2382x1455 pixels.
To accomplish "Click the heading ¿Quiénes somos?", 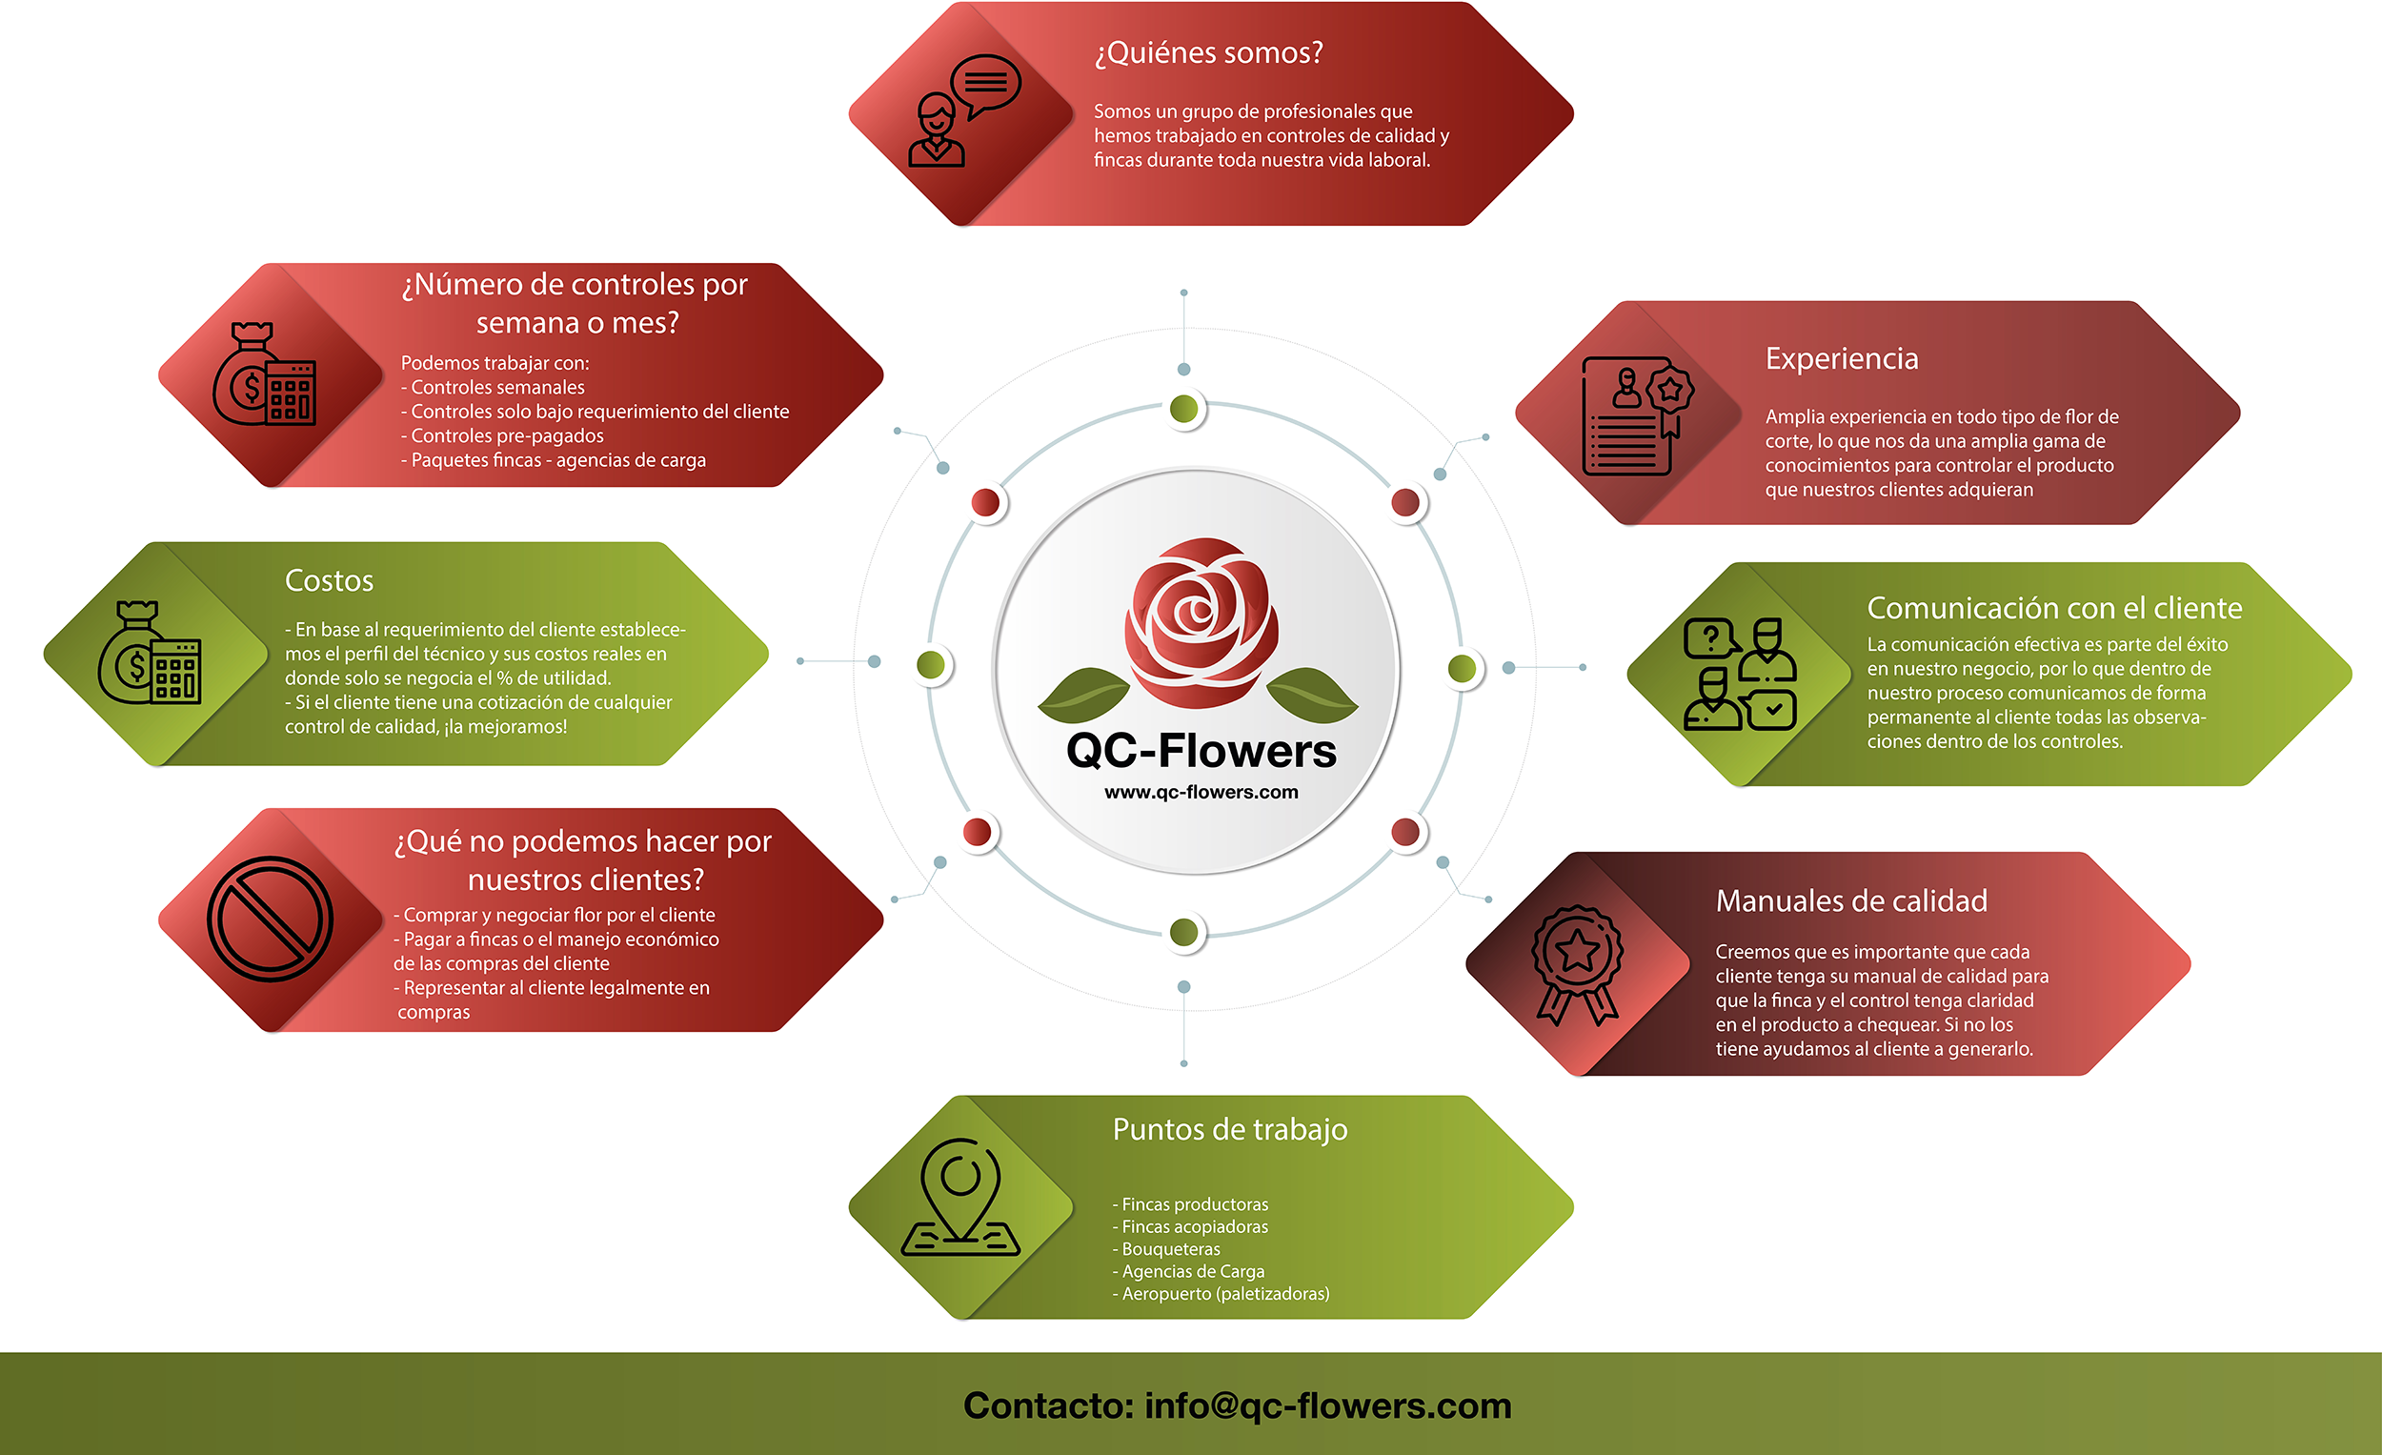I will click(1208, 52).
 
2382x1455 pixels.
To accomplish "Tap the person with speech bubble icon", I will click(963, 112).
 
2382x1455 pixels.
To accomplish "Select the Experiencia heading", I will click(1842, 358).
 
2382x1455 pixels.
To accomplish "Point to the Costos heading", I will click(329, 580).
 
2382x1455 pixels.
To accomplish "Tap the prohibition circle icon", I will click(270, 919).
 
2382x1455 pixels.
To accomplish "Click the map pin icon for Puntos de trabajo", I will click(961, 1199).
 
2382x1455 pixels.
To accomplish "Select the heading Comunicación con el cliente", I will click(2054, 608).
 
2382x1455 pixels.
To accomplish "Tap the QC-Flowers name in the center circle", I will click(1201, 751).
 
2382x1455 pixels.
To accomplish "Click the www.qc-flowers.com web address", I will click(1201, 793).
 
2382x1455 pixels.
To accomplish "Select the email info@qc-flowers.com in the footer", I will click(1327, 1405).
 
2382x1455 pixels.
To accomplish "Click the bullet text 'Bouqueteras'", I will click(1171, 1249).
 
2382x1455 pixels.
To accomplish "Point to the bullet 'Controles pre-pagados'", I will click(507, 436).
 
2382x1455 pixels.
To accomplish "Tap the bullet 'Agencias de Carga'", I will click(1193, 1271).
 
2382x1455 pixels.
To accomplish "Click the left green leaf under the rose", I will click(1083, 693).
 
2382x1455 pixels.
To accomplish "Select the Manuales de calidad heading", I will click(1851, 901).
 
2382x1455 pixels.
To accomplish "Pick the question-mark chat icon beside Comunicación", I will click(1711, 639).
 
